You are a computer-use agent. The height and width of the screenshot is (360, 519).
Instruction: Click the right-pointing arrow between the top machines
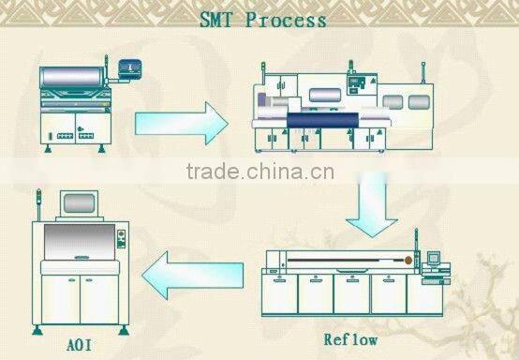[x=182, y=122]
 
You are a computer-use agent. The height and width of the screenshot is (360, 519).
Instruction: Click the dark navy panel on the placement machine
[x=323, y=117]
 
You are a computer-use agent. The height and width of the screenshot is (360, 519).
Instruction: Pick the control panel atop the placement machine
[x=355, y=84]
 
